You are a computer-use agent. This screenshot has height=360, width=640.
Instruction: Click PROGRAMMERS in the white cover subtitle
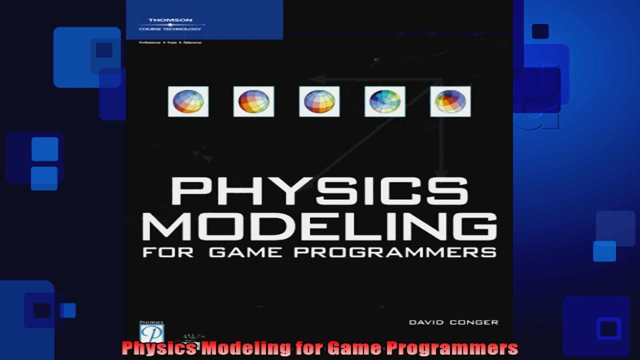pyautogui.click(x=395, y=252)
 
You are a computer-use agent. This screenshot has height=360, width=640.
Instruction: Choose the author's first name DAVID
pyautogui.click(x=426, y=322)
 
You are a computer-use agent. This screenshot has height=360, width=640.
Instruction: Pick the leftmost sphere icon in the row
pyautogui.click(x=188, y=101)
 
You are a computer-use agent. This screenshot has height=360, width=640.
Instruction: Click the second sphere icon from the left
pyautogui.click(x=253, y=101)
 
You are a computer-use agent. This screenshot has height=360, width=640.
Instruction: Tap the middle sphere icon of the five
pyautogui.click(x=319, y=101)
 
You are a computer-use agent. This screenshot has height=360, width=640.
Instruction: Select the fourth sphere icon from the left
pyautogui.click(x=384, y=101)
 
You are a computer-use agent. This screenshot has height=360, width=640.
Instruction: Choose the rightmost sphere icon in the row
pyautogui.click(x=450, y=101)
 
